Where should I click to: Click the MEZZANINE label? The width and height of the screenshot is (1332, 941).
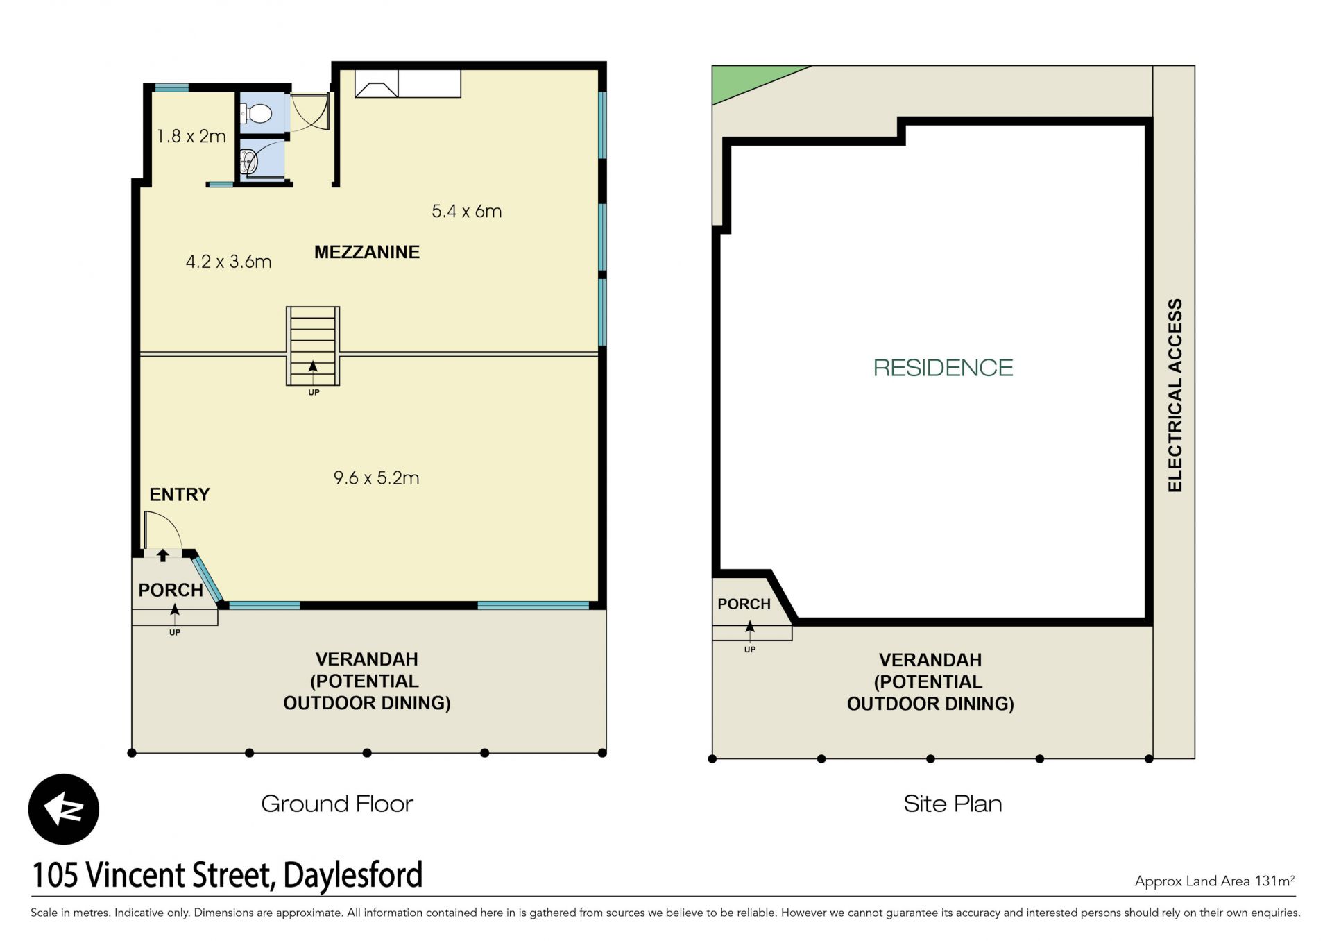pos(367,252)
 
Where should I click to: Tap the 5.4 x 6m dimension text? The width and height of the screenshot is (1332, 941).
pos(466,211)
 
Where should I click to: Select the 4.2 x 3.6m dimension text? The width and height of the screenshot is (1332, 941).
pos(228,262)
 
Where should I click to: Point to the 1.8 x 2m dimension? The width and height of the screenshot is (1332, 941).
pos(191,136)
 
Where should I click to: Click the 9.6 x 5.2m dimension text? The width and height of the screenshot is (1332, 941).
pos(376,477)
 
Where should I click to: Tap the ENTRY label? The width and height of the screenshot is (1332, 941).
pos(180,494)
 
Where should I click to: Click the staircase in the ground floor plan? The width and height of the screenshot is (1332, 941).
pos(313,346)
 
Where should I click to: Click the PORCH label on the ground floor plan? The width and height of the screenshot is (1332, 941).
pos(171,590)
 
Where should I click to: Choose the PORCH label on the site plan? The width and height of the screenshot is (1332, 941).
pos(744,604)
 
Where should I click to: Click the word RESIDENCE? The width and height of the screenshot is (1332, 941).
pos(943,367)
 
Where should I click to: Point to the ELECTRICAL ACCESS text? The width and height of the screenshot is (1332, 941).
pos(1175,396)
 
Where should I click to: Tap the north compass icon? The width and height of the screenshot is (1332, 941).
pos(64,809)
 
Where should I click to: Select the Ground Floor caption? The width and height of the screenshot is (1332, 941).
pos(337,804)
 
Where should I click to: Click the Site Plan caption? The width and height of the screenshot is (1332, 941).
pos(953,804)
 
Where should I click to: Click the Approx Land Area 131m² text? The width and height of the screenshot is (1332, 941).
pos(1215,881)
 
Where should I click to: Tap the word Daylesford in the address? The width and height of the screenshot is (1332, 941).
pos(353,875)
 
